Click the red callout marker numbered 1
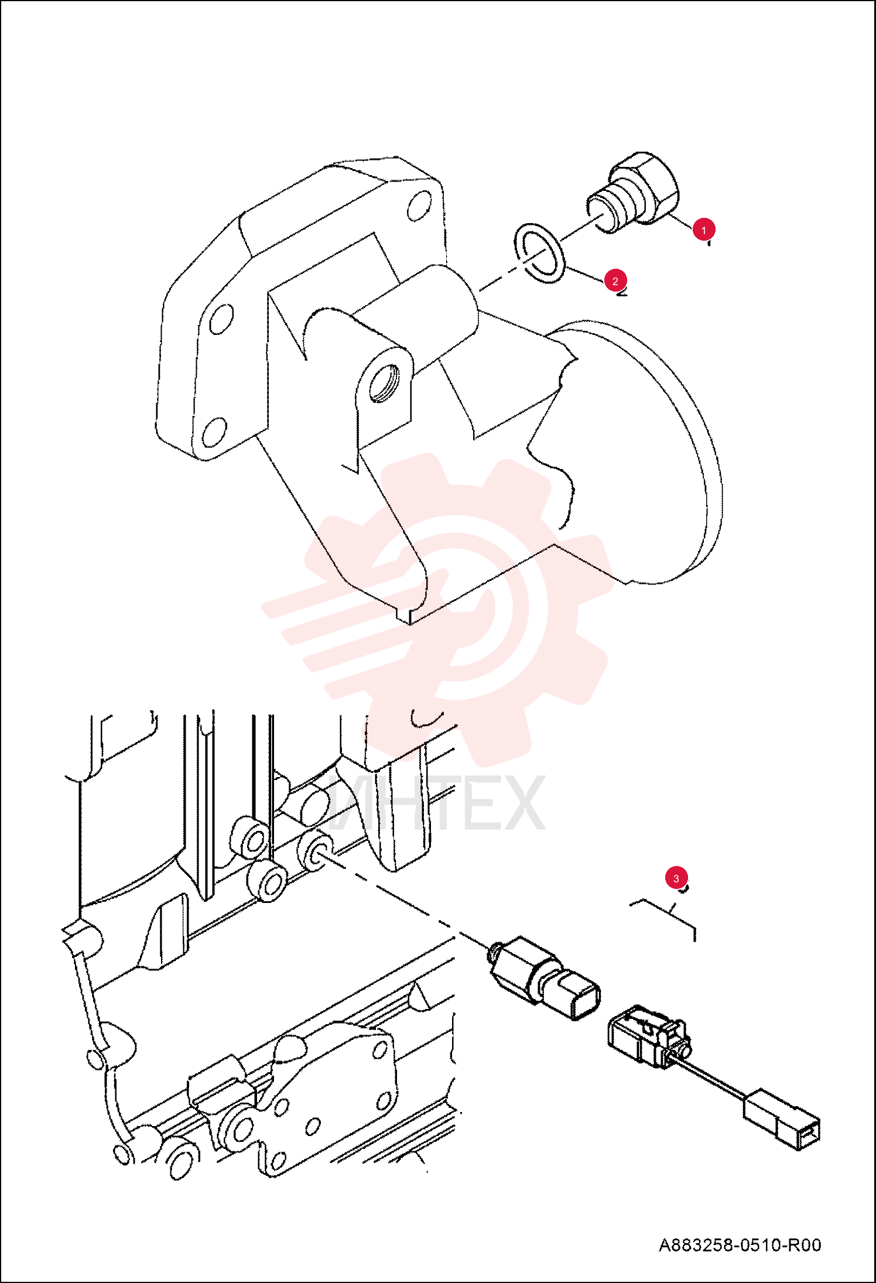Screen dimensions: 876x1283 click(x=703, y=230)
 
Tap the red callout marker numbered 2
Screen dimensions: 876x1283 click(x=615, y=281)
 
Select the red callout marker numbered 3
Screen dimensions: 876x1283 click(x=676, y=878)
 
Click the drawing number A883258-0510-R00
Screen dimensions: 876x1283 click(x=740, y=1245)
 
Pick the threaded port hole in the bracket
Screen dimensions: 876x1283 click(x=385, y=384)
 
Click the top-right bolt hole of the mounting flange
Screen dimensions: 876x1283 click(x=419, y=206)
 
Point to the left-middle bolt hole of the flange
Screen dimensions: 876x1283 click(x=221, y=319)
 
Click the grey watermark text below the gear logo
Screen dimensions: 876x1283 click(x=436, y=802)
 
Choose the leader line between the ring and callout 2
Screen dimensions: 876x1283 click(x=586, y=276)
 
